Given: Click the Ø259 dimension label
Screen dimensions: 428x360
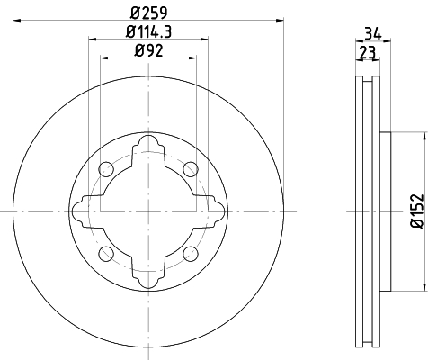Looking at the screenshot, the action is click(149, 13).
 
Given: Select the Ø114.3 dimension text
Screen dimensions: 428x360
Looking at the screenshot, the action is click(148, 31).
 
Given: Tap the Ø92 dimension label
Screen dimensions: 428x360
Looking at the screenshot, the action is click(148, 50).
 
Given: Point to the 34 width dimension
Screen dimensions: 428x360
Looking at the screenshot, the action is click(373, 33).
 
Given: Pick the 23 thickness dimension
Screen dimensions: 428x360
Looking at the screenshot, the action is click(368, 52).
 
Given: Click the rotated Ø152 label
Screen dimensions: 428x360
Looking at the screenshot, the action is click(417, 211).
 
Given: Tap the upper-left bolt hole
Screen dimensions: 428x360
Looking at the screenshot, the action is click(106, 169).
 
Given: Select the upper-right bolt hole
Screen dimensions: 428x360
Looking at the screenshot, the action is click(191, 169).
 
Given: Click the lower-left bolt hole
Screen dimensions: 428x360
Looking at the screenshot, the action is click(106, 254).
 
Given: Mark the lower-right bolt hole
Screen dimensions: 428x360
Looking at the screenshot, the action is click(191, 254).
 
